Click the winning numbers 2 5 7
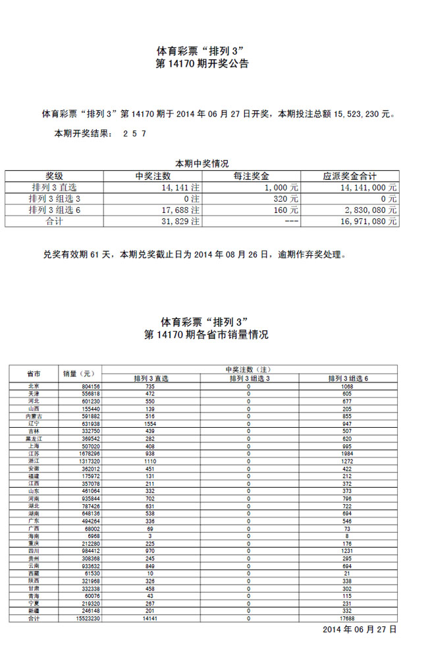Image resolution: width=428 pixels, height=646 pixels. (x=134, y=133)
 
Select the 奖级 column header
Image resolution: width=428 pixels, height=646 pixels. (x=54, y=176)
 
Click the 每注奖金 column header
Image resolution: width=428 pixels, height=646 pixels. (x=251, y=176)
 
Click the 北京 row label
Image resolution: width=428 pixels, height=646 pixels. (x=34, y=386)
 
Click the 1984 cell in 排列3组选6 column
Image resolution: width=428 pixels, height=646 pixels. (x=348, y=454)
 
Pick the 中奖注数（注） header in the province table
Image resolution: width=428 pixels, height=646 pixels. (x=250, y=369)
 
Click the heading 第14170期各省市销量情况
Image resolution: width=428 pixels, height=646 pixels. (x=206, y=335)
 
